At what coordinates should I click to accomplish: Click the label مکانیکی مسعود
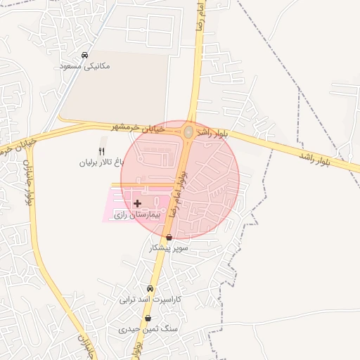[x=86, y=66]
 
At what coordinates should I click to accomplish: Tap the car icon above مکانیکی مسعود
[x=84, y=56]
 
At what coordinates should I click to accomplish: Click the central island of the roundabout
[x=188, y=131]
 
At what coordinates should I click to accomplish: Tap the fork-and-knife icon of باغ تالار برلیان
[x=102, y=151]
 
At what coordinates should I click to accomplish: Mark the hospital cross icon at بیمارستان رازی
[x=137, y=202]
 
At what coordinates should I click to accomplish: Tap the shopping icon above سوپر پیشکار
[x=169, y=238]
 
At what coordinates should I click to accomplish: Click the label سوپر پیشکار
[x=166, y=248]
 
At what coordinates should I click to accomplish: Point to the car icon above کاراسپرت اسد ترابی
[x=150, y=289]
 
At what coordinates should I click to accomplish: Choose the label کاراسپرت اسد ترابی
[x=149, y=299]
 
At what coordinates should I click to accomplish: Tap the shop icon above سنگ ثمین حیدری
[x=148, y=319]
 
